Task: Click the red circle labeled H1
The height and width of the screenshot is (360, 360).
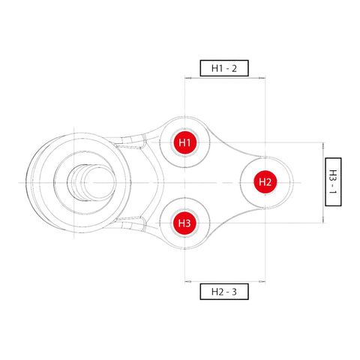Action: point(184,142)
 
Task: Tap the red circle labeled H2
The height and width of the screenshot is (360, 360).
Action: point(265,181)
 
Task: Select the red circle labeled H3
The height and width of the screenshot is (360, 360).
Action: point(184,223)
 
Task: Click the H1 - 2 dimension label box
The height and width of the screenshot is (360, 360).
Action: point(223,68)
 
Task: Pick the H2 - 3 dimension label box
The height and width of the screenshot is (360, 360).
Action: point(223,291)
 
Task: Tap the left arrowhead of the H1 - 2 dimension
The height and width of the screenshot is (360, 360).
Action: point(187,77)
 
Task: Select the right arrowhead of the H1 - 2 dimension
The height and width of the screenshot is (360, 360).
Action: point(263,77)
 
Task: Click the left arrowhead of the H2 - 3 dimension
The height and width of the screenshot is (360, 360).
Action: point(187,282)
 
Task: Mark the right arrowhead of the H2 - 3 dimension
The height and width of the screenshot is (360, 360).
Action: point(263,282)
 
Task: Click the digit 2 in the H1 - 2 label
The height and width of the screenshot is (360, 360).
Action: point(235,68)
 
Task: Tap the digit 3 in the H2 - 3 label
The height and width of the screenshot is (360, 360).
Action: point(235,291)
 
